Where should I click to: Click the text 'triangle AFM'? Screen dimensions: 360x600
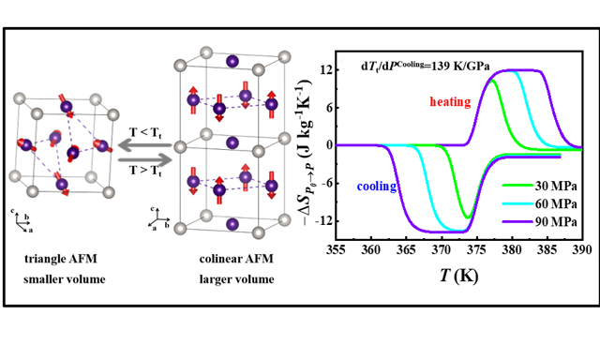click(58, 258)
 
